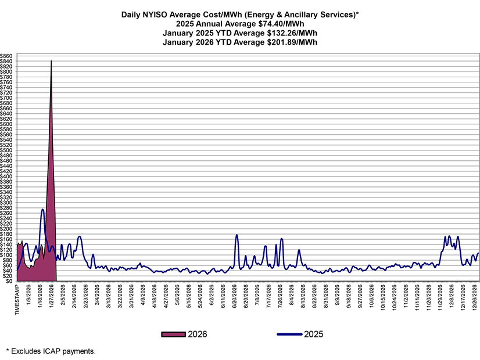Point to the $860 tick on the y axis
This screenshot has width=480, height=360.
[x=8, y=56]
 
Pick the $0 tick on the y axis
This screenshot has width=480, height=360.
[x=11, y=281]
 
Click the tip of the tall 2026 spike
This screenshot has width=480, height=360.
[x=51, y=60]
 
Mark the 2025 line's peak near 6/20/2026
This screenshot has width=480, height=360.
[x=237, y=235]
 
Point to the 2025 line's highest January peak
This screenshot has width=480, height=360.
[x=42, y=209]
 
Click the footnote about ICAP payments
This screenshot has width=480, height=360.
[x=50, y=351]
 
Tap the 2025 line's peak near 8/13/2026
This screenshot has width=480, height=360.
[x=299, y=250]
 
